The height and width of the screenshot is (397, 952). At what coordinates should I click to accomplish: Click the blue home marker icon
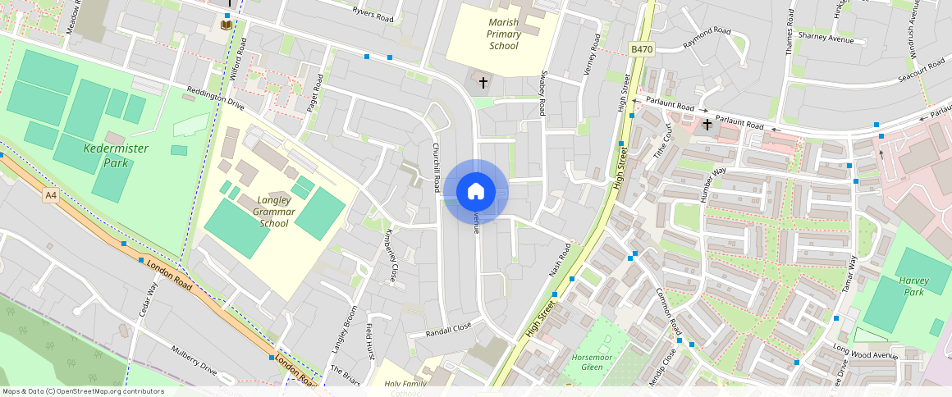click(x=475, y=192)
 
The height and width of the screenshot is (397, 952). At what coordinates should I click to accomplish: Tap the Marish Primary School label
click(x=503, y=34)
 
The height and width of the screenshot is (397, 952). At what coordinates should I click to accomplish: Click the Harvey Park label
click(x=913, y=285)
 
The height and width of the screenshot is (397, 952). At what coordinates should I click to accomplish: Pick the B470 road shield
click(x=642, y=50)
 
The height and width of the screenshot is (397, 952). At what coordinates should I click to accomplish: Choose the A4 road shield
click(x=52, y=195)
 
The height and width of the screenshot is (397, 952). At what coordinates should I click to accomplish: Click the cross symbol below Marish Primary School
click(x=483, y=82)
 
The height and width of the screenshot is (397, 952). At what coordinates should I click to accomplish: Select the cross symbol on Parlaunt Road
click(x=707, y=125)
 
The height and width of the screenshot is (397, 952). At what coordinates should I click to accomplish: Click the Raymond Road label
click(x=707, y=37)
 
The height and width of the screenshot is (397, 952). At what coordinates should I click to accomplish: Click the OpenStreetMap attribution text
click(x=83, y=391)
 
